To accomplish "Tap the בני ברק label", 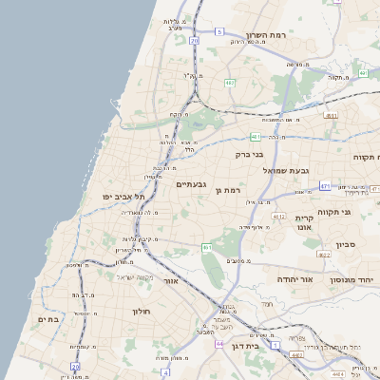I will [249, 152].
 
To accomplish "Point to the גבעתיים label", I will [192, 183].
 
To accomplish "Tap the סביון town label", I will [345, 244].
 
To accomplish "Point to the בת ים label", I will [47, 320].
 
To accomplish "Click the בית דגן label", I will [246, 346].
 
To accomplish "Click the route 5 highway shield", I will [219, 31].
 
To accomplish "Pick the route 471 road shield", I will [325, 186].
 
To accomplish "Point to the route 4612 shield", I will [278, 217].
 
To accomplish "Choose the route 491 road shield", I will [331, 116].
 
